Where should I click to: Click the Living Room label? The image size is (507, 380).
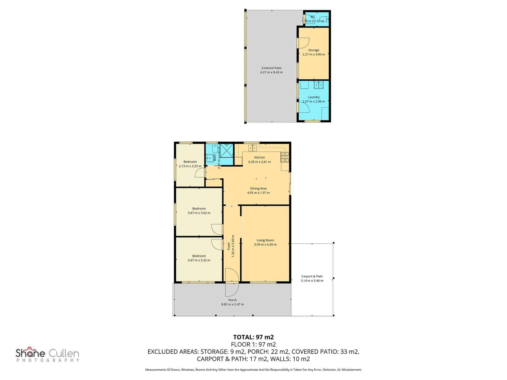265,240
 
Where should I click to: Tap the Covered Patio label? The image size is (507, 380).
271,68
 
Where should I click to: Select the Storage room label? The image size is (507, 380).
314,50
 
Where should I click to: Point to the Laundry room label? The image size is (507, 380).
314,97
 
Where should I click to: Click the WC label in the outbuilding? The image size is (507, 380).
312,17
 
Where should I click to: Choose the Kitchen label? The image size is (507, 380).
259,158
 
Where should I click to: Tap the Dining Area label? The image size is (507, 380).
258,189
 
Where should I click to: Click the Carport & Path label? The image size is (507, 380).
312,277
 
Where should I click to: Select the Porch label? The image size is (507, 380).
232,300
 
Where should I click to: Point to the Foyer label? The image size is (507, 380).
229,246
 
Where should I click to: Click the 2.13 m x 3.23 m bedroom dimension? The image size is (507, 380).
190,166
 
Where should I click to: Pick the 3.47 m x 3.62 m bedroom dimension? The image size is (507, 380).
199,213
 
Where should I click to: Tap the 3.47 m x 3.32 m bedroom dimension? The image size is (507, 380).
199,260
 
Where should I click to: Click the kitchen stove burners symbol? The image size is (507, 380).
285,157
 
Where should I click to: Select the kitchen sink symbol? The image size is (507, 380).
253,148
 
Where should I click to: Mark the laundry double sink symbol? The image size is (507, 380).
318,85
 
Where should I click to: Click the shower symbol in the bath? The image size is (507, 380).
227,151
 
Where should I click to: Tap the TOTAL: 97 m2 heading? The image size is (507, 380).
253,337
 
